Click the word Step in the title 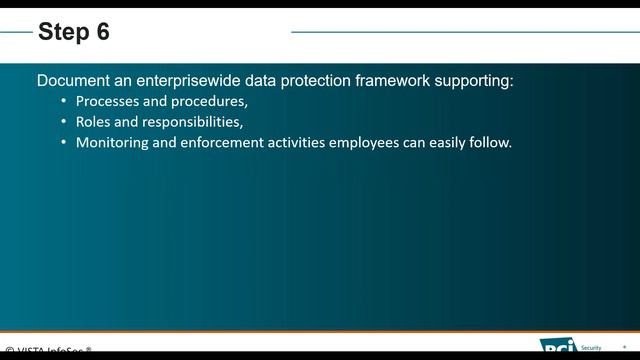[x=61, y=32]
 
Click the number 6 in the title [x=102, y=32]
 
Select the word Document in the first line [x=72, y=80]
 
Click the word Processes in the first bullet [x=107, y=101]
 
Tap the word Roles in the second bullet [x=94, y=122]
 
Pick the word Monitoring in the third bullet [x=113, y=143]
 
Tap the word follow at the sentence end [x=489, y=143]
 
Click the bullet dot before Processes [x=65, y=101]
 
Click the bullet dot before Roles [x=65, y=122]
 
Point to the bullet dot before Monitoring [x=65, y=143]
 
